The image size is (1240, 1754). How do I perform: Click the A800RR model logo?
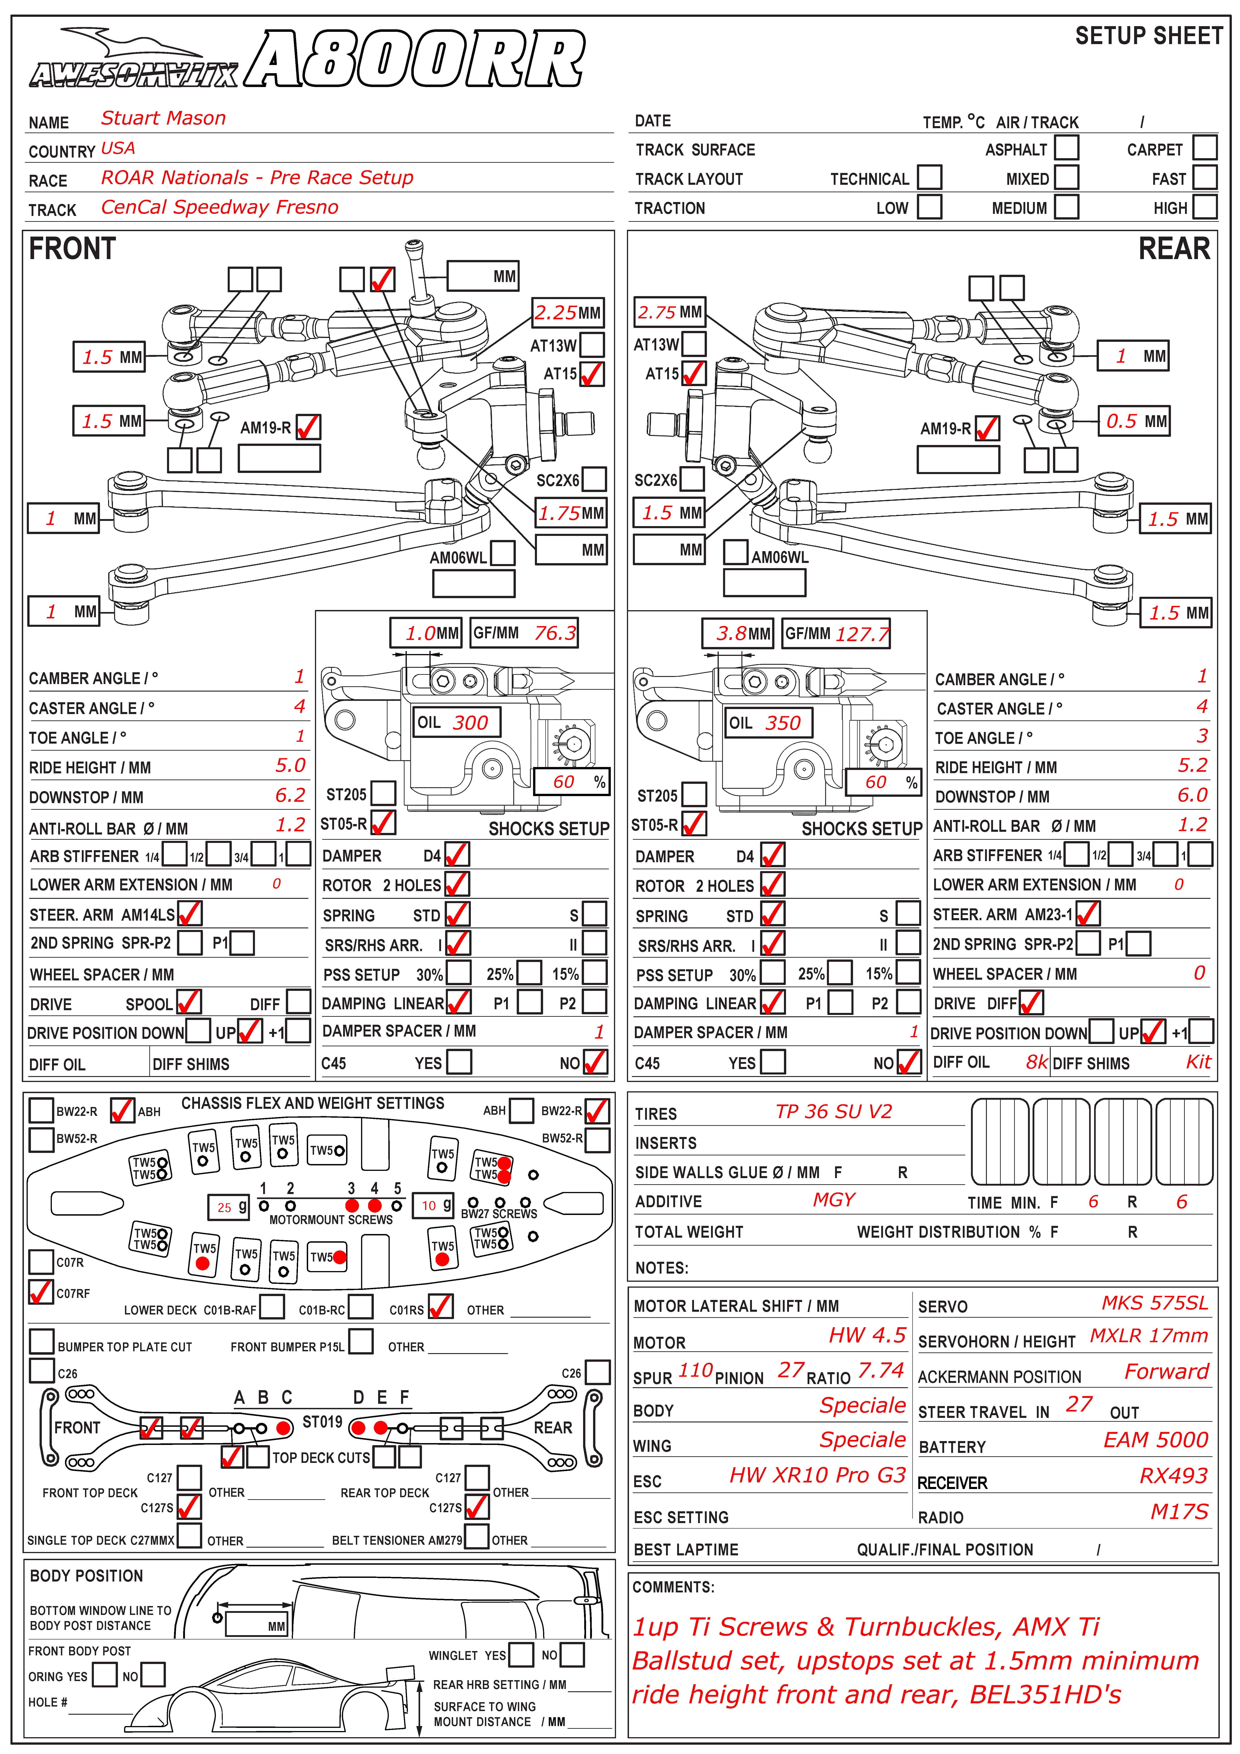(x=416, y=60)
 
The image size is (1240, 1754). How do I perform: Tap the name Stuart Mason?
(x=164, y=118)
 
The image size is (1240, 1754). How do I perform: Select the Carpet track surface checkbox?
(x=1205, y=147)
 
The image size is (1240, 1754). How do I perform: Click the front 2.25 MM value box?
(x=568, y=312)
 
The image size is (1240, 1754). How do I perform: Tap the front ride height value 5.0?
(x=290, y=765)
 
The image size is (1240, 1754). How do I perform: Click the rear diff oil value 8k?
(x=1036, y=1062)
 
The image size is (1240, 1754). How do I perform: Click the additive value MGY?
(x=833, y=1200)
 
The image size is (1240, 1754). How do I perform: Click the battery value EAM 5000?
(x=1155, y=1441)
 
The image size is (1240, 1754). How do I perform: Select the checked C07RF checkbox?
(x=40, y=1292)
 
